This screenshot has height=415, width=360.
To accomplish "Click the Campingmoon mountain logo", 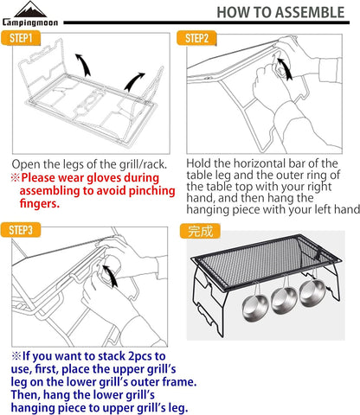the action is [30, 10].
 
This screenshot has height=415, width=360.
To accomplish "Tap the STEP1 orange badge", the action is [21, 38].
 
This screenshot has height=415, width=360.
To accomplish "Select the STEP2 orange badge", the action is [196, 38].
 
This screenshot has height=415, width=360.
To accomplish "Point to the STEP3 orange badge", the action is [21, 230].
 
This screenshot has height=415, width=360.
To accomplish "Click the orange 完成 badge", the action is [200, 231].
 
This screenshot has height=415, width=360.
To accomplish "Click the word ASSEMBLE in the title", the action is [310, 13].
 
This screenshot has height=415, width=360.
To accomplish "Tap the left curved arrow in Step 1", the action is [83, 65].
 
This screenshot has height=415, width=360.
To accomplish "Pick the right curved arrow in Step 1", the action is [134, 81].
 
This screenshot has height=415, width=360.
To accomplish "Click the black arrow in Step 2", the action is [285, 68].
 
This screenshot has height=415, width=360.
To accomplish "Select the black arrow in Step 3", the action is [111, 276].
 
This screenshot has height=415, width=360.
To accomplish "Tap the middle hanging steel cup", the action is [284, 300].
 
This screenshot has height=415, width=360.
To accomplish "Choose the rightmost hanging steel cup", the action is [313, 293].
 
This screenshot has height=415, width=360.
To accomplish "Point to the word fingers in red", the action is [40, 203].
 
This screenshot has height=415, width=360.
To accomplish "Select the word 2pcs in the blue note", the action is [140, 357].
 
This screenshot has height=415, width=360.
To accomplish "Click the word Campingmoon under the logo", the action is [30, 22].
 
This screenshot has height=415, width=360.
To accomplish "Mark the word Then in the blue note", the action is [24, 395].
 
